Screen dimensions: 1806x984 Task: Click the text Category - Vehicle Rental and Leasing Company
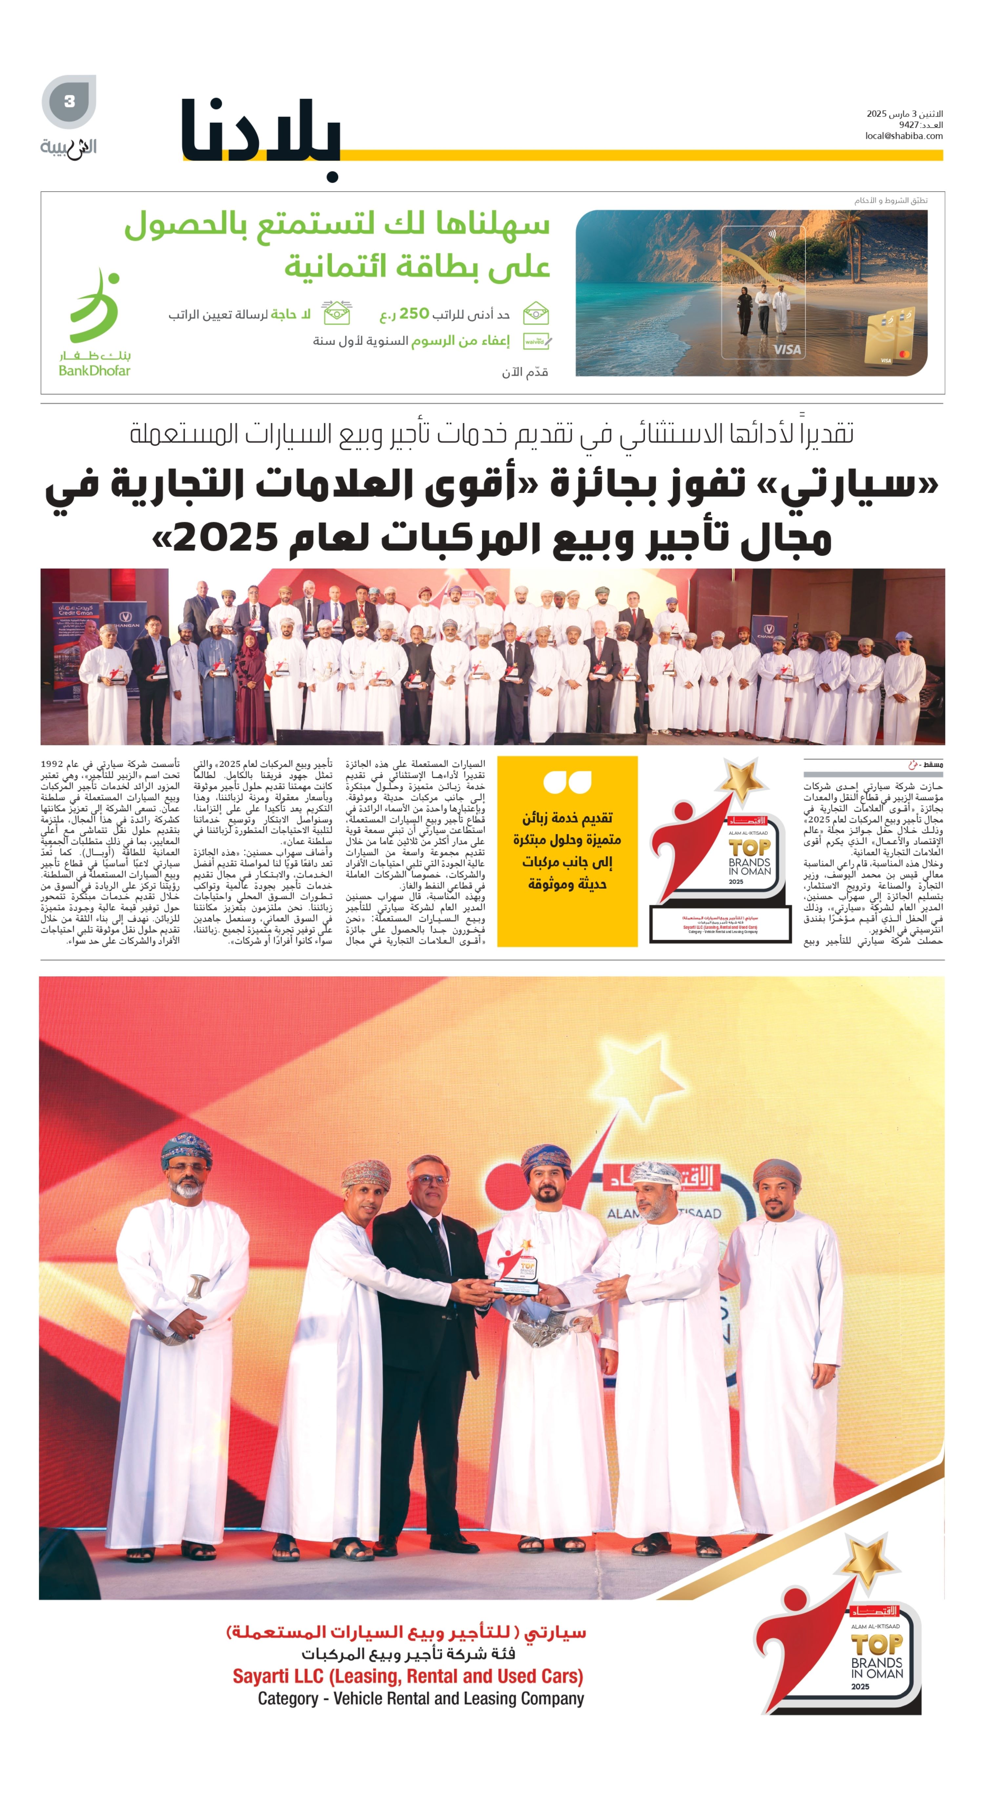coord(420,1698)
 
